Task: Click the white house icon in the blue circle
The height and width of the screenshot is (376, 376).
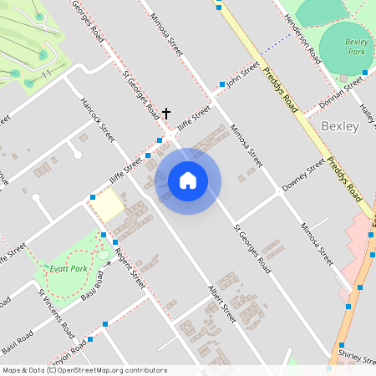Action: [x=188, y=180]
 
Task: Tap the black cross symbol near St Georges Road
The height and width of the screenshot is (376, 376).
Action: [x=166, y=113]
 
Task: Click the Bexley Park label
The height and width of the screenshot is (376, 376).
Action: [x=357, y=46]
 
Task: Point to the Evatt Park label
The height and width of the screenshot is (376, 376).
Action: [x=69, y=268]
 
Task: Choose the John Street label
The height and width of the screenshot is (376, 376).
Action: [x=244, y=78]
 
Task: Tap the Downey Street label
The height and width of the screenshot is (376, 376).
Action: [x=302, y=176]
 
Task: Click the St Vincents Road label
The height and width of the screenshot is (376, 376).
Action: [x=53, y=311]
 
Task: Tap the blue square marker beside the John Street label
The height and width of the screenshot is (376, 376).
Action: [x=222, y=84]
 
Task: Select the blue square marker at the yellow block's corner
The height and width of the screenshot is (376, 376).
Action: [x=93, y=198]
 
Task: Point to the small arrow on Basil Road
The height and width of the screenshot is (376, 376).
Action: [x=107, y=266]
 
